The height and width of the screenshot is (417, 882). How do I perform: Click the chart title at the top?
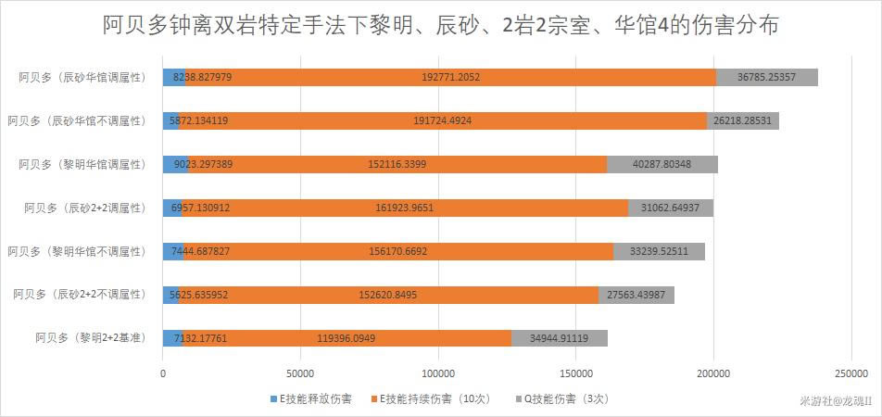click(x=441, y=25)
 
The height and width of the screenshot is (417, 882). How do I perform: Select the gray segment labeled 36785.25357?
click(x=767, y=77)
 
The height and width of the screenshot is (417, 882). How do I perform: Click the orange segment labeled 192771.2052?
click(x=450, y=77)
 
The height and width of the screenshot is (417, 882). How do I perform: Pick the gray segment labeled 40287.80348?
click(x=661, y=164)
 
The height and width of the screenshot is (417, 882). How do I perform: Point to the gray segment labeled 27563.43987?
click(x=636, y=295)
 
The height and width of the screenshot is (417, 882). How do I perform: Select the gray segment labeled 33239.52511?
click(x=659, y=251)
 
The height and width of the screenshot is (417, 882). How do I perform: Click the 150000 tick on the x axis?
click(x=575, y=373)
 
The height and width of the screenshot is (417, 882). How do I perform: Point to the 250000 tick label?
click(x=850, y=373)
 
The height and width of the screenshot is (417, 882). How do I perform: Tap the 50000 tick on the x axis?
click(x=300, y=373)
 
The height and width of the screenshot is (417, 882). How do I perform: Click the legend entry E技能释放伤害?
click(x=310, y=398)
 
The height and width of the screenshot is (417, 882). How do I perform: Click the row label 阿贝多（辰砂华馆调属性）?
click(x=82, y=77)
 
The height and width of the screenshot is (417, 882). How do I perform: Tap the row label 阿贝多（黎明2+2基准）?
click(x=90, y=338)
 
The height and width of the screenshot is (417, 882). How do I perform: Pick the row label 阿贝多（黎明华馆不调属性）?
click(x=77, y=251)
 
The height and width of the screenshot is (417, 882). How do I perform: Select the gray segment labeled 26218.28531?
click(x=742, y=120)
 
